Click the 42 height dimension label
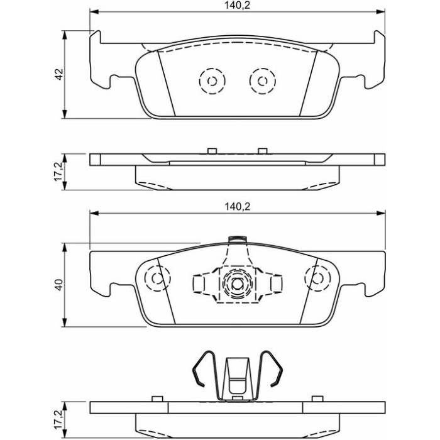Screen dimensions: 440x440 coord(60,74)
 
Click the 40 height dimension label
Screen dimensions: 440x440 coord(60,285)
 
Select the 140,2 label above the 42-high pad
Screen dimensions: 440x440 coord(237,5)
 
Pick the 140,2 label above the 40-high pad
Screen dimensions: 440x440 coord(237,207)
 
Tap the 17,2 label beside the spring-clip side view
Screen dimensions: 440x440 coord(60,419)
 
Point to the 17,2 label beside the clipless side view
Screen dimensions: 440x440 coord(60,171)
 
